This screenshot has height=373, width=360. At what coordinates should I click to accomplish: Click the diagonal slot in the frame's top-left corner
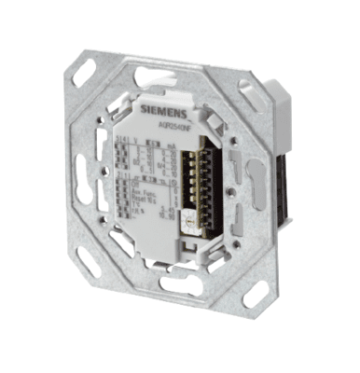click(96, 68)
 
